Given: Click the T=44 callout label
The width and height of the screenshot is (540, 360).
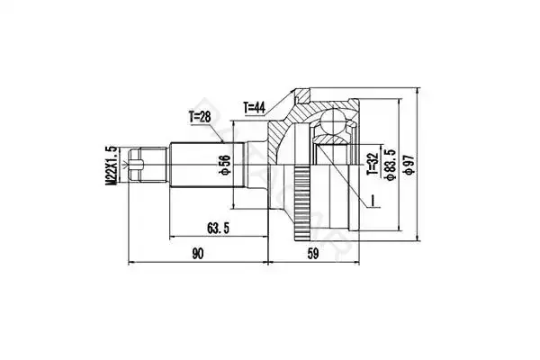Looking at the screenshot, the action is (255, 108).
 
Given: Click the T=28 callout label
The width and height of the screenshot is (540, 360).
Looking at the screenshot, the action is (200, 117).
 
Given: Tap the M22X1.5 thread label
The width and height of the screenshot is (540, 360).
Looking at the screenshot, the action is (110, 166).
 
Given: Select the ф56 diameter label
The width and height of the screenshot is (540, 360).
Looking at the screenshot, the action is (225, 165).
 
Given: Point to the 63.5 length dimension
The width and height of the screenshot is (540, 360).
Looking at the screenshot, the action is (218, 228).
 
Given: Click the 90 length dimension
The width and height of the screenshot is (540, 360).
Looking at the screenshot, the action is (198, 254).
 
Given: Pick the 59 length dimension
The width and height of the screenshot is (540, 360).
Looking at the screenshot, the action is (313, 254).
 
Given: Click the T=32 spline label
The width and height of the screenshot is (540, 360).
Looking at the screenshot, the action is (373, 164).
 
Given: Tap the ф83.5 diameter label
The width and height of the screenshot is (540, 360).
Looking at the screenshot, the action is (391, 165).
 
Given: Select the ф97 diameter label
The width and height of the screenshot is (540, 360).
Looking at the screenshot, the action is (409, 165).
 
